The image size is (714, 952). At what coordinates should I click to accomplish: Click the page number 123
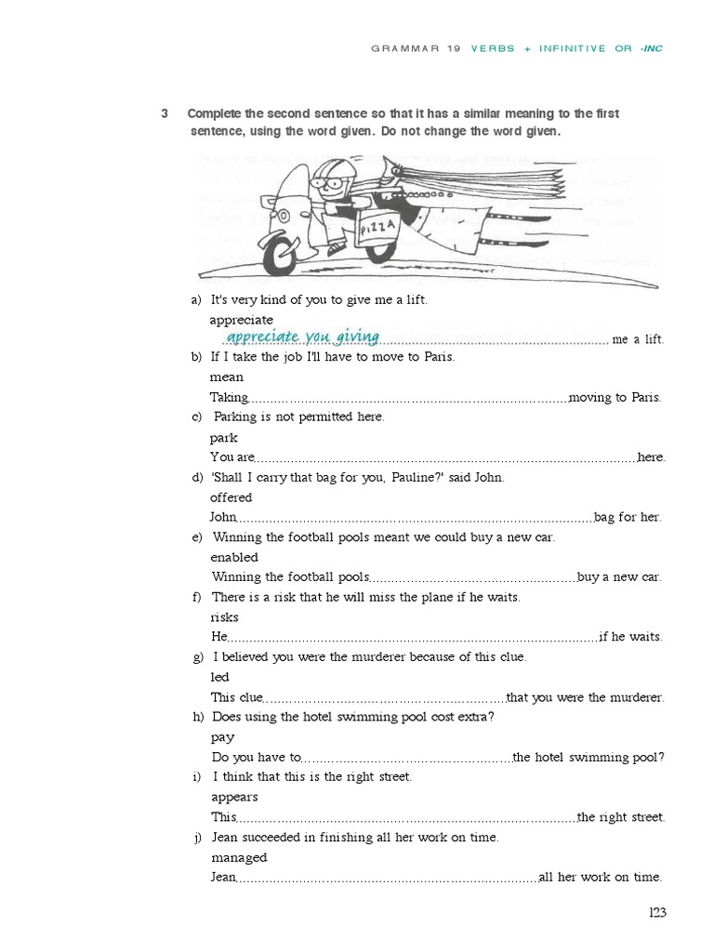coord(657,913)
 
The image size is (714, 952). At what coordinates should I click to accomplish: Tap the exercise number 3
coord(165,113)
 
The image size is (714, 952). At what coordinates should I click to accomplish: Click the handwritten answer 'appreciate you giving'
coord(303,336)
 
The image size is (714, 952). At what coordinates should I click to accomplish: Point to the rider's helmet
coord(330,174)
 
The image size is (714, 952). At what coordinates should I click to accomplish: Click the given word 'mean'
coord(226,377)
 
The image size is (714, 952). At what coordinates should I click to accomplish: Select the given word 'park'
coord(223,438)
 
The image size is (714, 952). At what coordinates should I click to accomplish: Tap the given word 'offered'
coord(231,497)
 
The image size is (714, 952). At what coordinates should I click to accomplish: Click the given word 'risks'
coord(224,617)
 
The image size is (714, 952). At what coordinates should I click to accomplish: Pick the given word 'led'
coord(219,678)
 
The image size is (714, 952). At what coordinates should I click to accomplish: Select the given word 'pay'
coord(222,737)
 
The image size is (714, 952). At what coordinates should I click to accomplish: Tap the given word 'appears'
coord(234,798)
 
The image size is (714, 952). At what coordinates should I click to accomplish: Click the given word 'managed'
coord(238,857)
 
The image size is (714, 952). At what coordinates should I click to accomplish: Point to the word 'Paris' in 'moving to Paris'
coord(645,397)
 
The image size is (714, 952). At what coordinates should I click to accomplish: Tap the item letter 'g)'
coord(197,657)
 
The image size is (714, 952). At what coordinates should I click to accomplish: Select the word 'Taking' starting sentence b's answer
coord(228,397)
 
